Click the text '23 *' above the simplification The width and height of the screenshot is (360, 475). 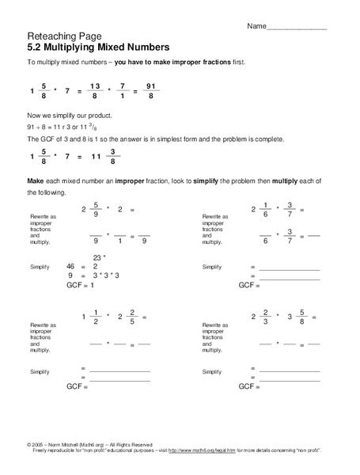(x=98, y=259)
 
